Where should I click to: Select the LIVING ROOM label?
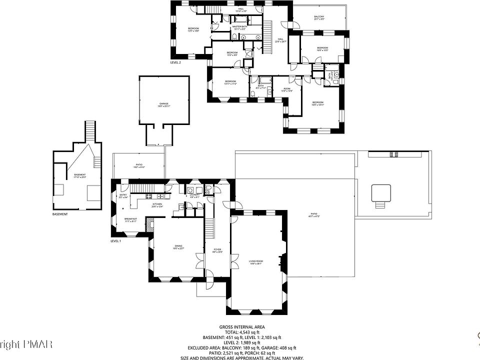click(x=256, y=261)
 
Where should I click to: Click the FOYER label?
click(x=217, y=249)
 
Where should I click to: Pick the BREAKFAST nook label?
click(x=131, y=218)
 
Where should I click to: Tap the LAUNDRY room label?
click(x=195, y=195)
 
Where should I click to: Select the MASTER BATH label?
click(x=239, y=27)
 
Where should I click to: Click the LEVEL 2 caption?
click(x=175, y=62)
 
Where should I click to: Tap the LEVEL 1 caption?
click(x=115, y=241)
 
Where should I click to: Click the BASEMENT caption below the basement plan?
click(x=59, y=214)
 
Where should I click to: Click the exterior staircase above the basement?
click(x=90, y=130)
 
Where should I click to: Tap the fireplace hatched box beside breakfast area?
click(x=149, y=225)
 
